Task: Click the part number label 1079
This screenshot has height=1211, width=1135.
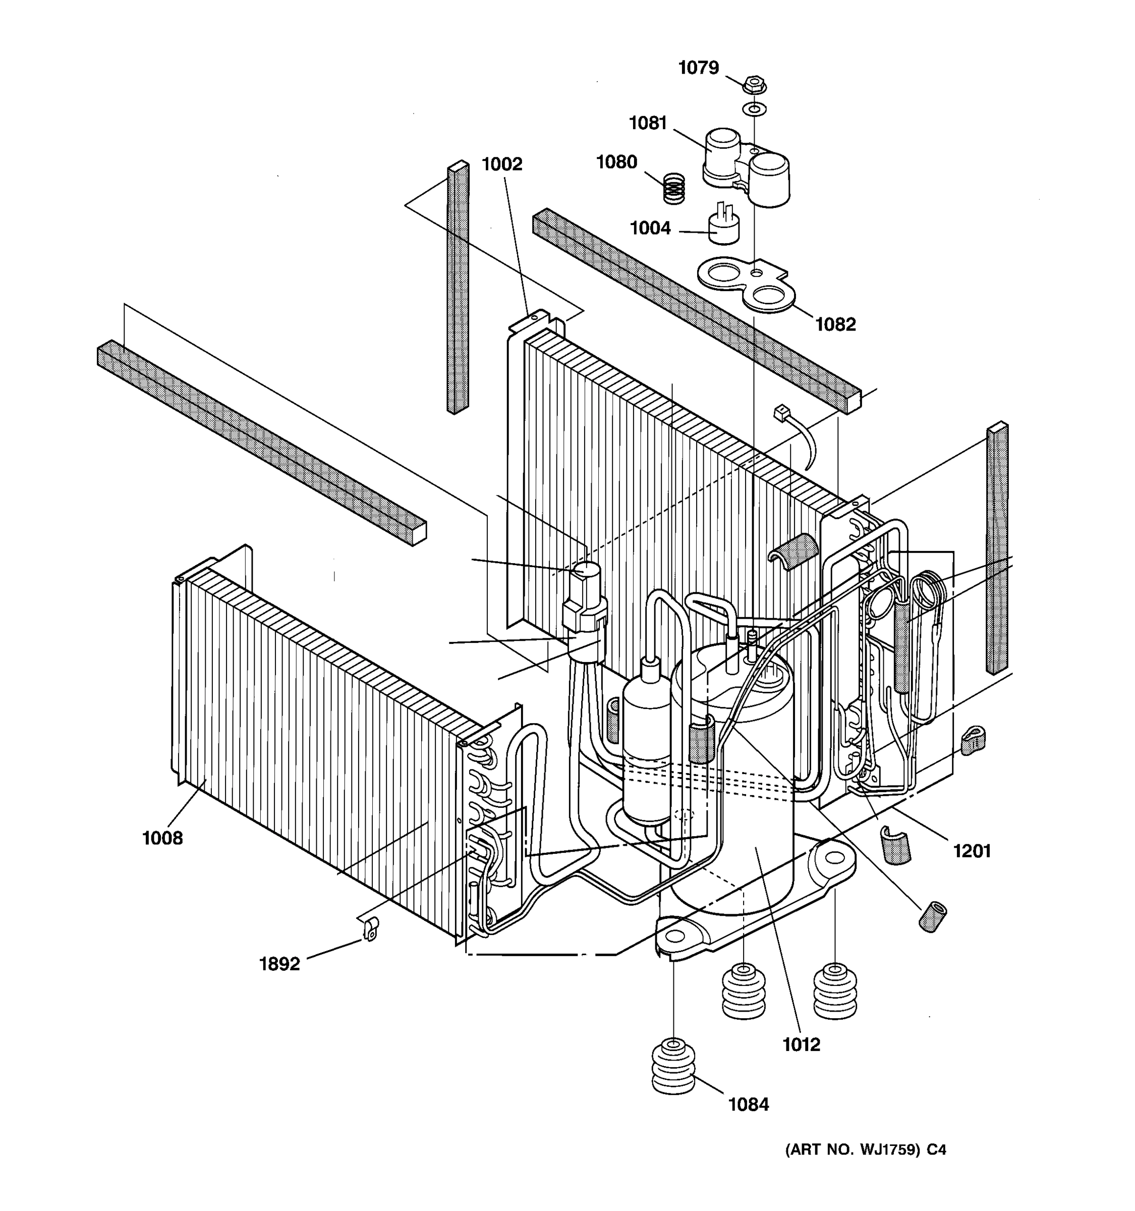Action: click(699, 68)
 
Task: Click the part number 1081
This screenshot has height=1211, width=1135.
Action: click(648, 123)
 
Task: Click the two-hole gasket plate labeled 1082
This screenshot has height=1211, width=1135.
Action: click(745, 283)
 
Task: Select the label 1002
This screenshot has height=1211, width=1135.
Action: click(502, 164)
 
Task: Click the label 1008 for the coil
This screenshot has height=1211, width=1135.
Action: click(162, 838)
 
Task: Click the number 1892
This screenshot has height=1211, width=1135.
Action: click(279, 964)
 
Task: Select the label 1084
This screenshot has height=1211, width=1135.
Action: click(749, 1105)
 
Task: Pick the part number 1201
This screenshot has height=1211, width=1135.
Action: click(972, 851)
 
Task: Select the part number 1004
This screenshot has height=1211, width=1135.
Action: click(650, 229)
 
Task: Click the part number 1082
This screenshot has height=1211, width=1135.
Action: click(835, 324)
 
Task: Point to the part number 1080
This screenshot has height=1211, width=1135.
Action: click(616, 162)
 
